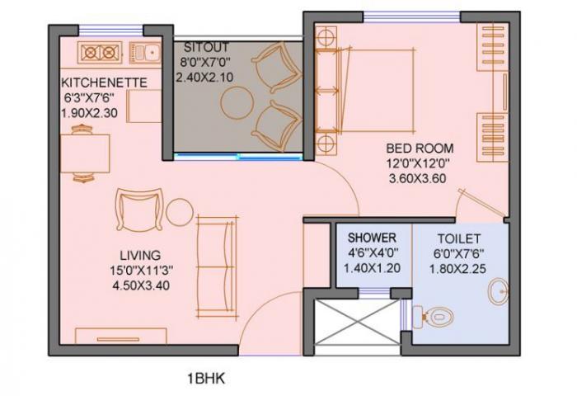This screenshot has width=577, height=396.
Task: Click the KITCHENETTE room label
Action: (x=104, y=82)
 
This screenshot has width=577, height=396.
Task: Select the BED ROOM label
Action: (x=420, y=148)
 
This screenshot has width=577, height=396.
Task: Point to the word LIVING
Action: (x=138, y=254)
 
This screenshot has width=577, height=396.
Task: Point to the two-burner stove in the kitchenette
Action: (x=101, y=53)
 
